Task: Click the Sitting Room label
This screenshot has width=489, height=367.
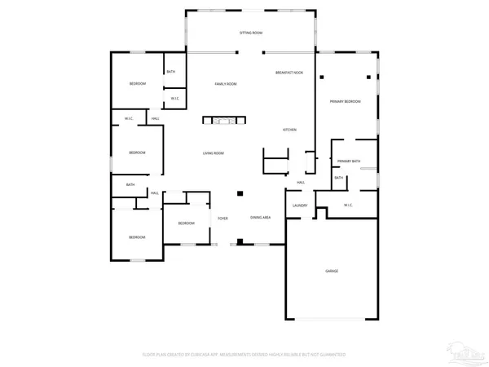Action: click(250, 33)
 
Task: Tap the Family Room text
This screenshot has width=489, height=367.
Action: click(226, 84)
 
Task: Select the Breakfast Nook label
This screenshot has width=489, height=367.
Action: click(289, 73)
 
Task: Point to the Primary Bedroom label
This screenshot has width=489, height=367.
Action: click(346, 101)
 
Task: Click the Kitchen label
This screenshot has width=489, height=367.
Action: click(289, 130)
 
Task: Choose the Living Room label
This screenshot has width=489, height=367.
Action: click(214, 153)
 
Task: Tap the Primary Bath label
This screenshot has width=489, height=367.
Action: click(349, 161)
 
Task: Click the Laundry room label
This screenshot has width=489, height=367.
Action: click(299, 206)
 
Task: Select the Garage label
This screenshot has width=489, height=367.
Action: click(332, 271)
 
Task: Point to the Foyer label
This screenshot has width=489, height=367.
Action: click(222, 219)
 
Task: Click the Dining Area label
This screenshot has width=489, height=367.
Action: click(261, 218)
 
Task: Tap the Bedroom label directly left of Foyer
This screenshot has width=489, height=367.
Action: click(187, 223)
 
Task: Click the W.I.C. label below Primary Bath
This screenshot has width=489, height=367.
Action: click(348, 205)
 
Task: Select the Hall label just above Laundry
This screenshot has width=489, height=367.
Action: click(301, 182)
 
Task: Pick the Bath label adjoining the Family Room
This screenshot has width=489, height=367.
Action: click(170, 72)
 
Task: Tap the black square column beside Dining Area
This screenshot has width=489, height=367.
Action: click(240, 194)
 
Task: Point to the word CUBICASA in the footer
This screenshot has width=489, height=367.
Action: click(207, 355)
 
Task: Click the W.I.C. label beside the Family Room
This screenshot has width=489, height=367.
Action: click(174, 99)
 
